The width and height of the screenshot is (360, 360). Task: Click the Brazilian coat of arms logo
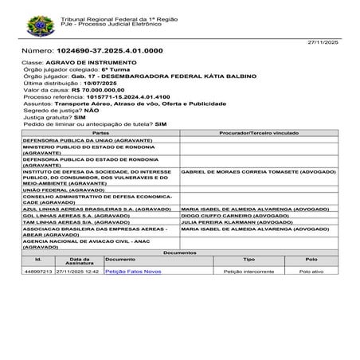[37, 25]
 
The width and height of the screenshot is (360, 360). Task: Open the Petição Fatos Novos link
[132, 271]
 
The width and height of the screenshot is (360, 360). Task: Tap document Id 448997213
[38, 271]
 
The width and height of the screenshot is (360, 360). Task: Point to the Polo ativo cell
[311, 271]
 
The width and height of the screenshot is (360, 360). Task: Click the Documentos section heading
[179, 252]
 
